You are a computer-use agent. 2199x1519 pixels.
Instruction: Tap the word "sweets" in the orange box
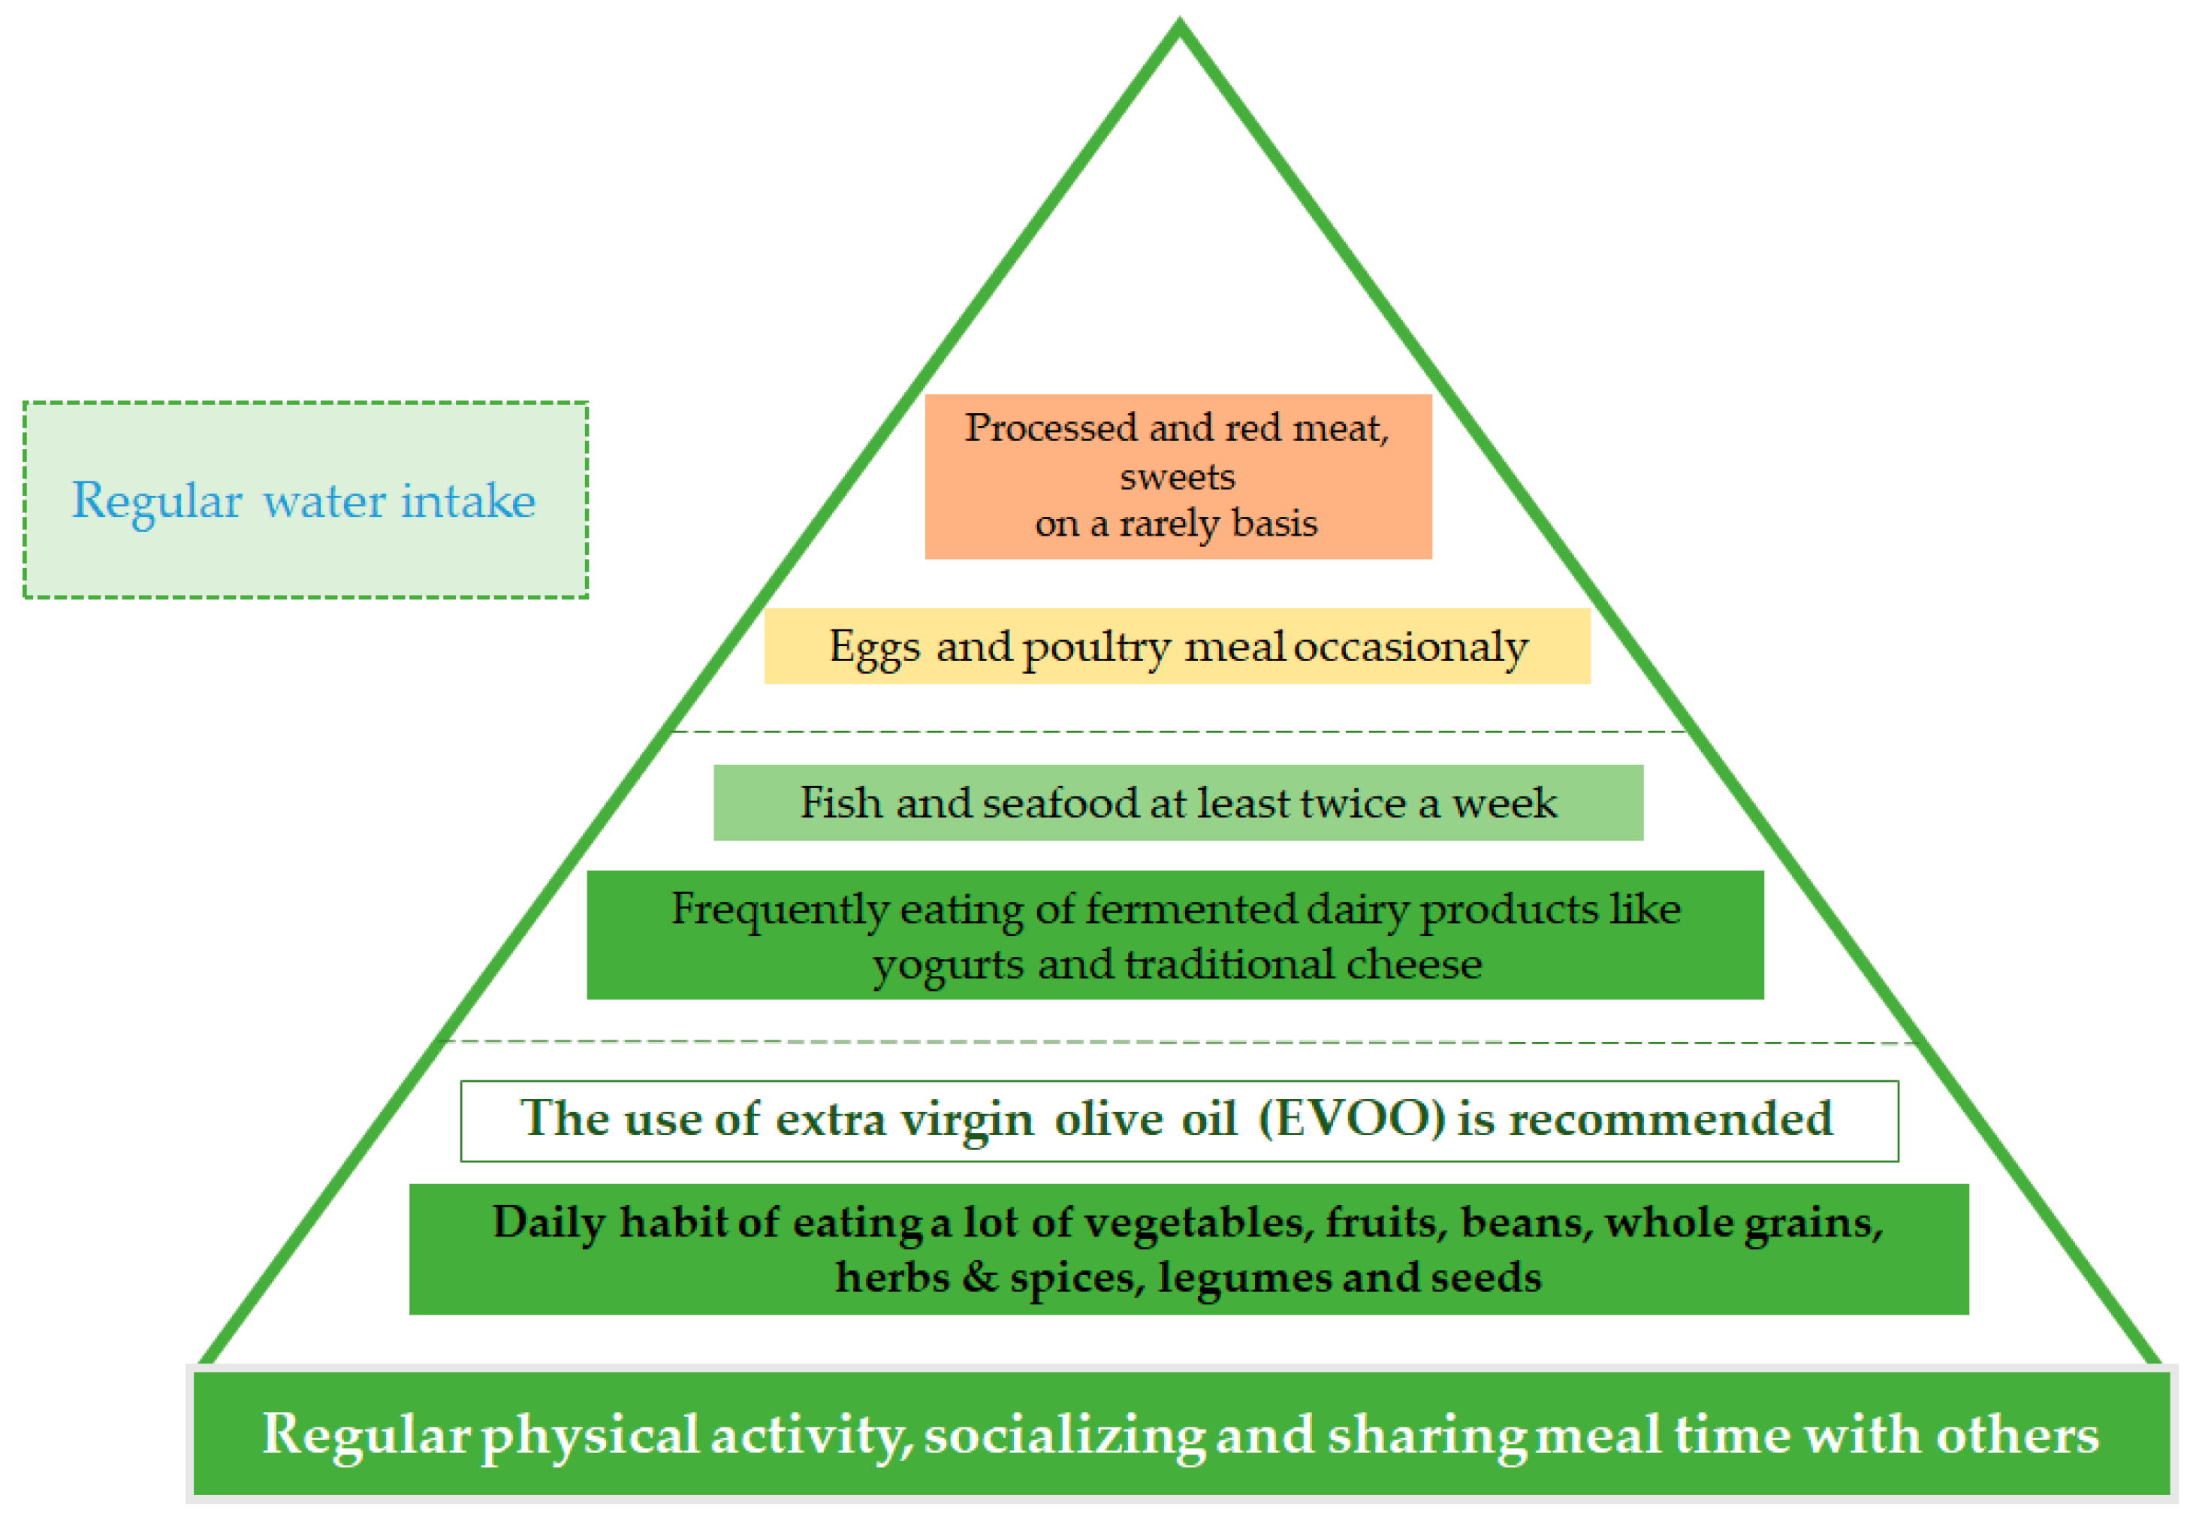pos(1177,476)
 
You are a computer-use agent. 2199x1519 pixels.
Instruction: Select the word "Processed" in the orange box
pos(1051,427)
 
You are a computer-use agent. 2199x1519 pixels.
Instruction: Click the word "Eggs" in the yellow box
pos(874,648)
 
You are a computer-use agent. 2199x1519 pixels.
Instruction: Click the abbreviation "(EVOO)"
pos(1351,1119)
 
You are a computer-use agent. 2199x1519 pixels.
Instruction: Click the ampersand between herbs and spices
pos(979,1276)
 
